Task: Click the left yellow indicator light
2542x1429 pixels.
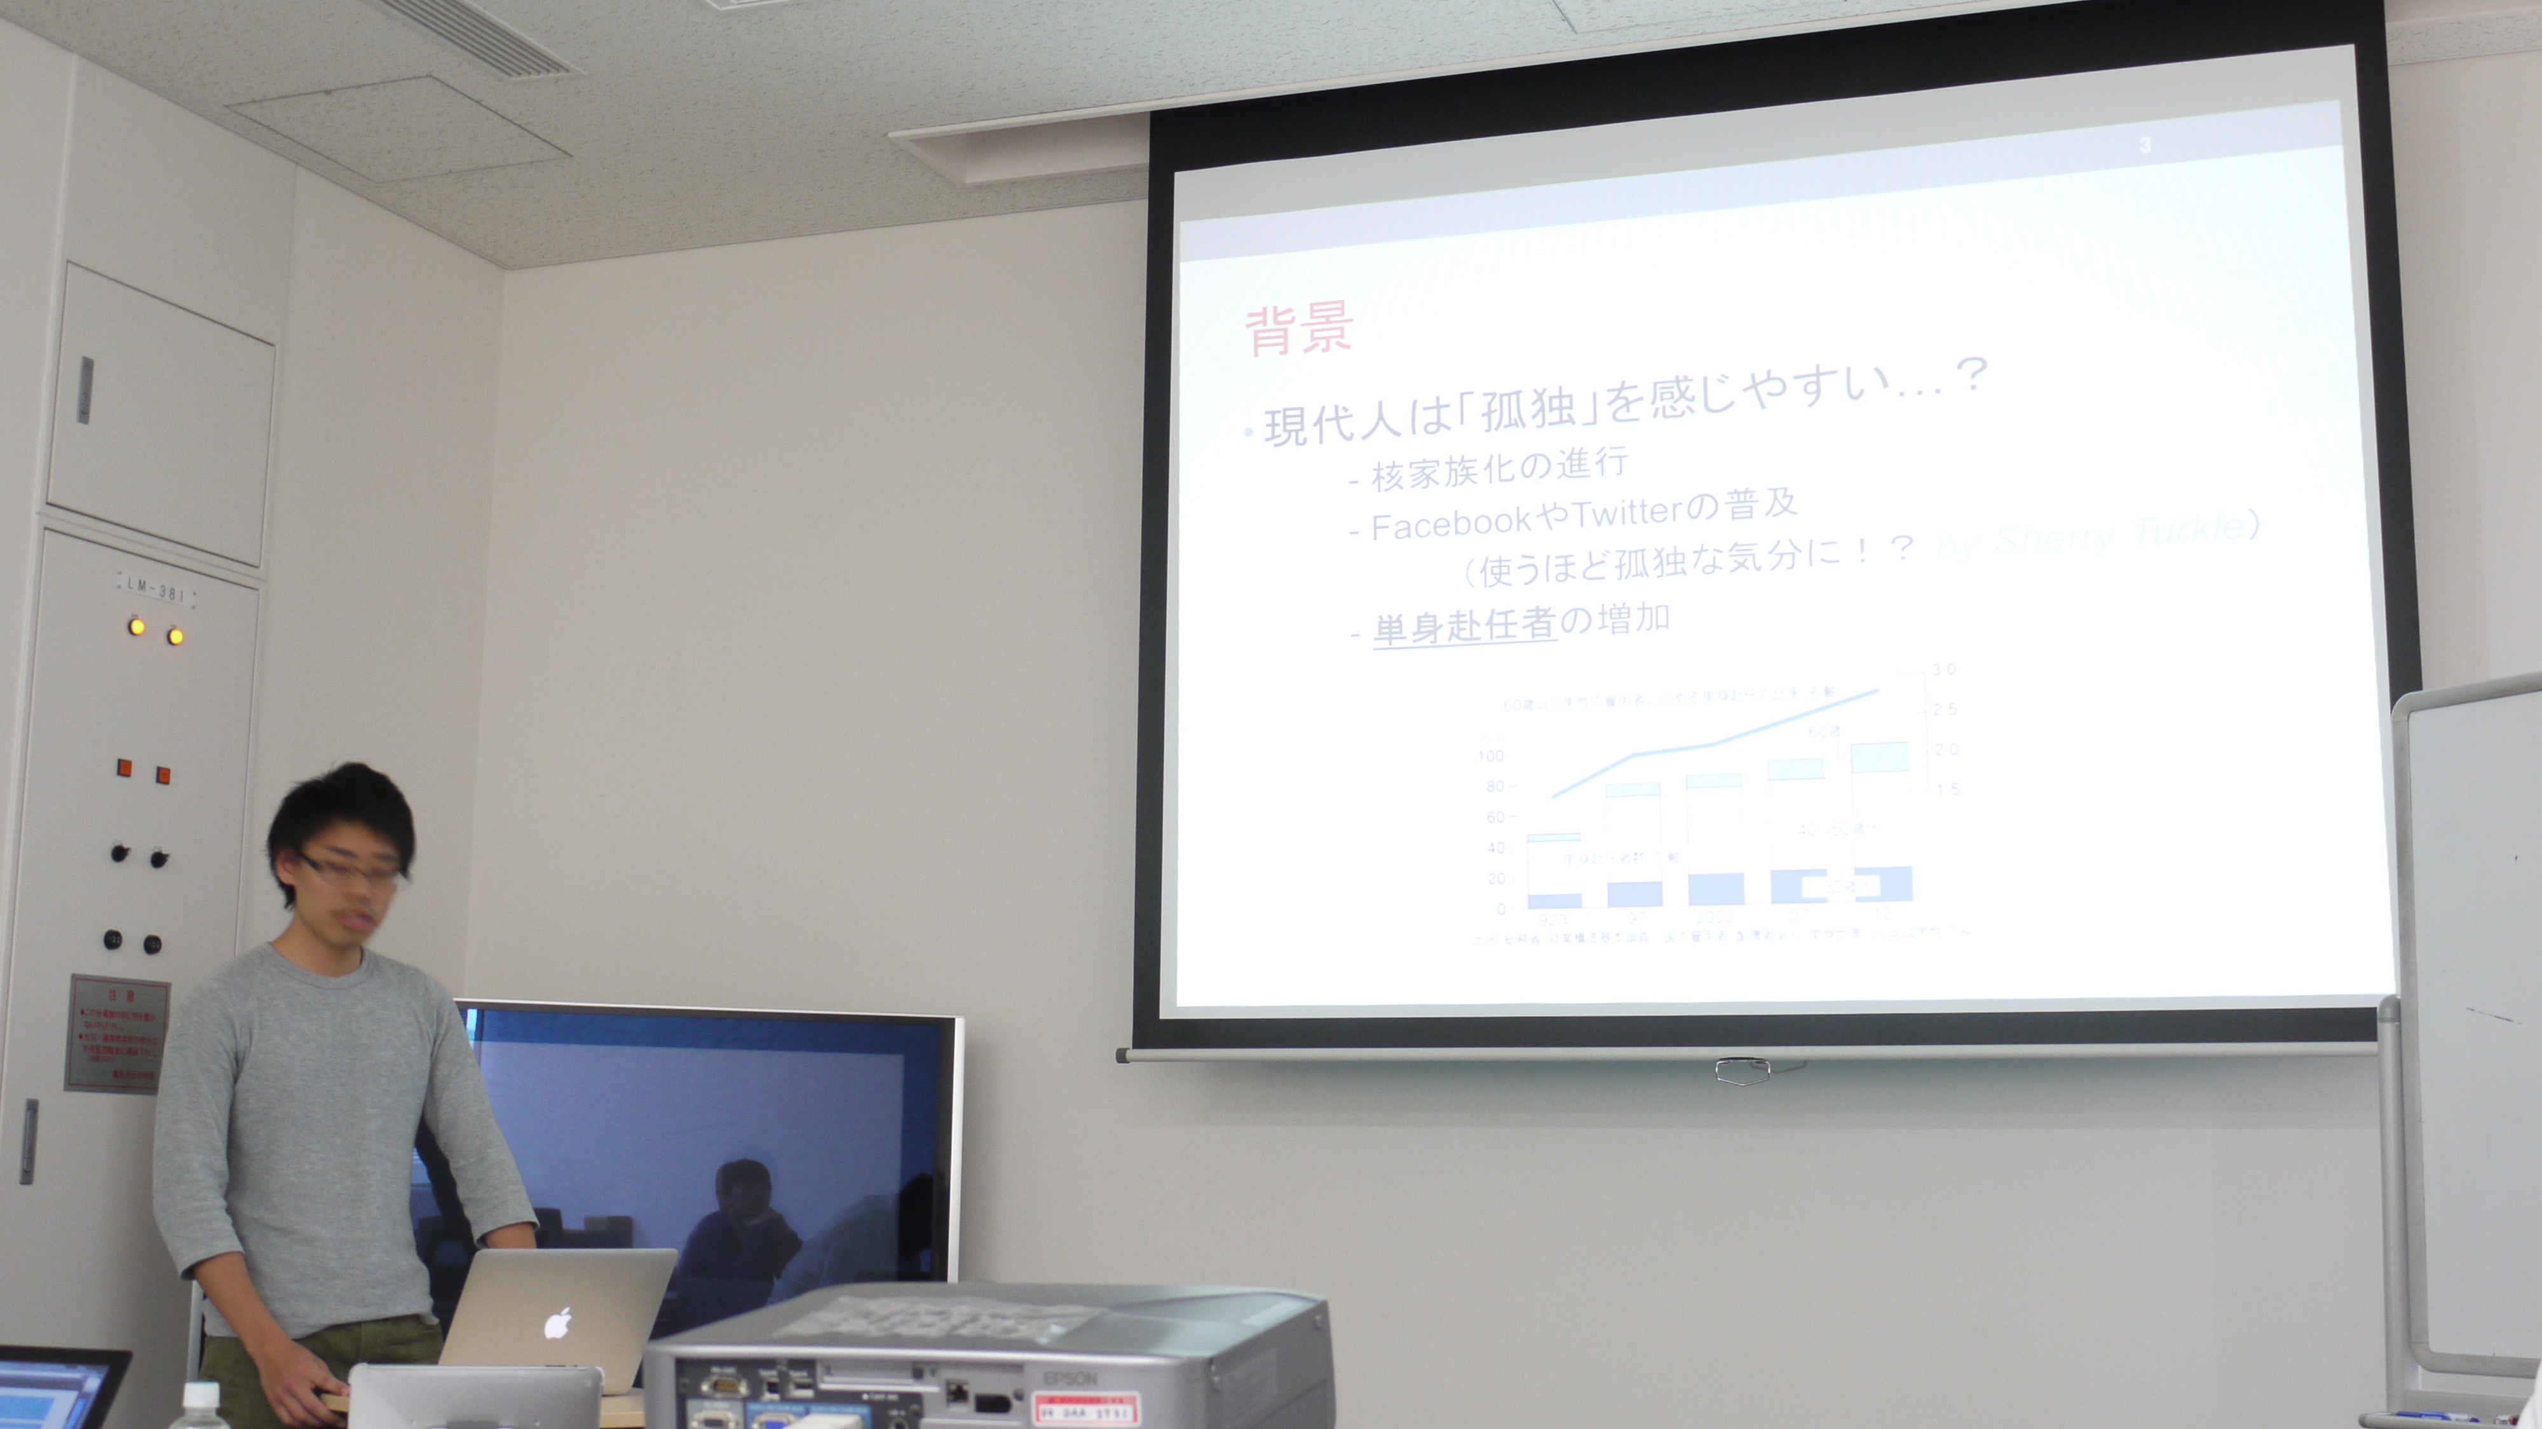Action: point(136,627)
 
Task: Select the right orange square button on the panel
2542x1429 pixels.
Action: point(163,775)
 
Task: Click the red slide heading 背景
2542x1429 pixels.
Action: point(1298,331)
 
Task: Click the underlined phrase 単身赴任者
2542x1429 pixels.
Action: point(1464,626)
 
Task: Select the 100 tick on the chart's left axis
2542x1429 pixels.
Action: point(1490,756)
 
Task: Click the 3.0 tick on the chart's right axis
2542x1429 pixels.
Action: point(1943,670)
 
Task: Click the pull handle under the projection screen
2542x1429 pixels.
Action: point(1742,1070)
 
